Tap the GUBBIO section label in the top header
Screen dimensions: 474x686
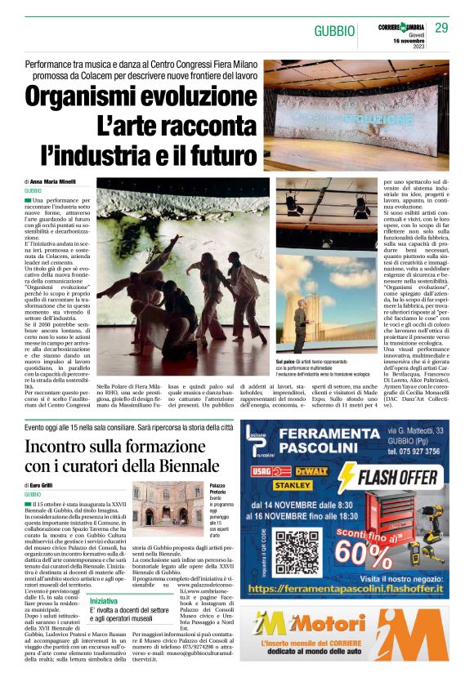click(x=335, y=31)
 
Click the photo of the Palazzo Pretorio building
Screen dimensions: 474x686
click(x=159, y=510)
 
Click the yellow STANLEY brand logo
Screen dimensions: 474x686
click(x=288, y=485)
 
